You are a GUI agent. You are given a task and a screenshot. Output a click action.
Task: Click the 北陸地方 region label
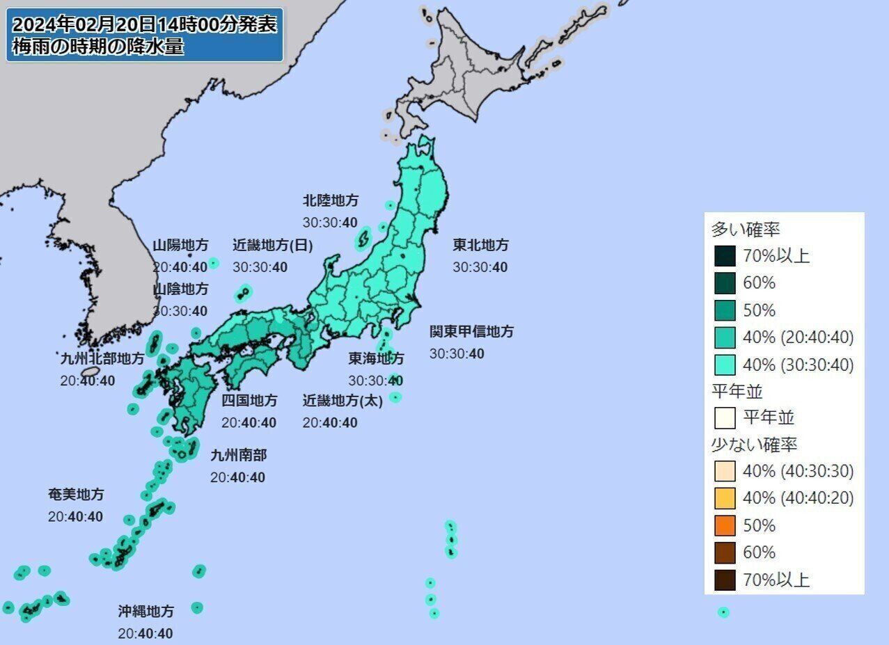click(x=331, y=200)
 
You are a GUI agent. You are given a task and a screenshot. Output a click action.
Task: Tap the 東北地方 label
click(x=480, y=245)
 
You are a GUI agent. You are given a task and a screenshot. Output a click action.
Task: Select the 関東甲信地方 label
click(x=471, y=331)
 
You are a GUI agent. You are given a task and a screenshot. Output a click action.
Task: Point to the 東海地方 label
click(x=376, y=358)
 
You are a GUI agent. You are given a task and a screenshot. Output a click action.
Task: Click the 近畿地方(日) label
click(x=273, y=245)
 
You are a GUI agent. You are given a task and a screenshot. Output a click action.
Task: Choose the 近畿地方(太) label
click(x=343, y=400)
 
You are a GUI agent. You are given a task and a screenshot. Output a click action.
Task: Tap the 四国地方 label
click(x=249, y=400)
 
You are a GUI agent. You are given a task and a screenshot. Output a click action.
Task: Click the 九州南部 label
click(x=238, y=455)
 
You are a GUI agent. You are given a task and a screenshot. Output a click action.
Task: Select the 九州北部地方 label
click(x=102, y=358)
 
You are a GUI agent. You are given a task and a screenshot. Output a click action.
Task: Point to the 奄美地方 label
click(x=76, y=495)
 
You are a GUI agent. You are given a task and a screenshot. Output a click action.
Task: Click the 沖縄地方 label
click(x=145, y=612)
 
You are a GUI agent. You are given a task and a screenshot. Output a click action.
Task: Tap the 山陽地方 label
click(x=180, y=245)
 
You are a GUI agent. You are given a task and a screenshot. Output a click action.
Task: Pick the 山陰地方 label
click(x=180, y=288)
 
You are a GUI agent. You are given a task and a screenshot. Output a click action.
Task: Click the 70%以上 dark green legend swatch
click(x=725, y=256)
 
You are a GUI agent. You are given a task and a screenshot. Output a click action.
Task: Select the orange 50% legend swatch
click(x=725, y=525)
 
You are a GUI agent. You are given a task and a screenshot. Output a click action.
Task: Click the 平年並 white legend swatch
click(x=725, y=417)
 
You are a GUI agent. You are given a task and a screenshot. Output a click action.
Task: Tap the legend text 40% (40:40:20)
click(x=798, y=498)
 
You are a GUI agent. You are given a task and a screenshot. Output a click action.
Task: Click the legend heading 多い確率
click(x=745, y=229)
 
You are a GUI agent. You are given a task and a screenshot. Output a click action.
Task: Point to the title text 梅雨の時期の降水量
click(x=98, y=48)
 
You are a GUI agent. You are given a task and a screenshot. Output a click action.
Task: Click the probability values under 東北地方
click(x=480, y=267)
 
